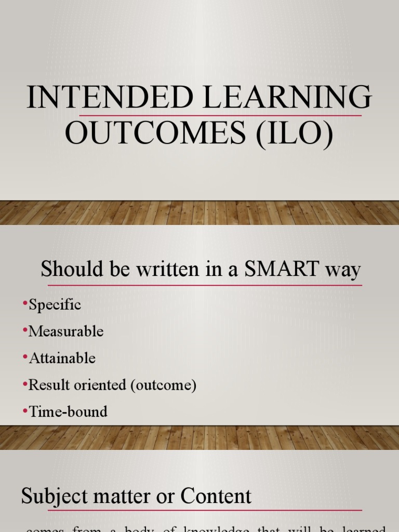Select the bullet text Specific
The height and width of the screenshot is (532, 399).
tap(55, 304)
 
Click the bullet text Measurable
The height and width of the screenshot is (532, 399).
tap(66, 331)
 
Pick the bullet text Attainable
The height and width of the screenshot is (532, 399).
tap(62, 358)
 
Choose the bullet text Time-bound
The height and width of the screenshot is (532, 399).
tap(68, 412)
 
